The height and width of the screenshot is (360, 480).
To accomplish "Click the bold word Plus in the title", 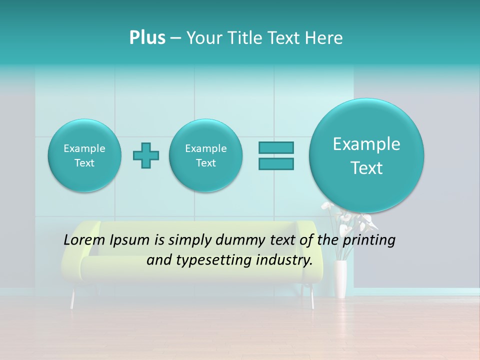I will [x=147, y=38].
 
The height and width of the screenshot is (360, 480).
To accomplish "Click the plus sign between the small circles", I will [x=146, y=155].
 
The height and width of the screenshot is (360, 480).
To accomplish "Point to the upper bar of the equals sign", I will [x=276, y=147].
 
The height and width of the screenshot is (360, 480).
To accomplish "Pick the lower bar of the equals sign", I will [x=276, y=163].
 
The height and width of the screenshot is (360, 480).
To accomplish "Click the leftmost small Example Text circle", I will [x=84, y=155].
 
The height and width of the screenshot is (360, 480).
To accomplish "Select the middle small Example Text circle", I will [x=206, y=155].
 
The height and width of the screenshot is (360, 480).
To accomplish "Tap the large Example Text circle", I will [x=366, y=155].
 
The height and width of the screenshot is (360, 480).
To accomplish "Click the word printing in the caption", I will [x=369, y=240].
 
